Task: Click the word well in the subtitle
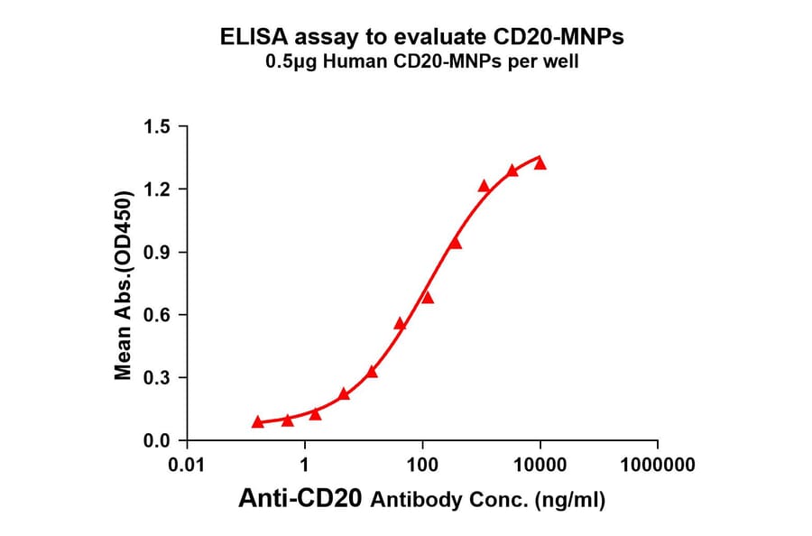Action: tap(561, 63)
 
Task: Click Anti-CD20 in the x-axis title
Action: tap(301, 499)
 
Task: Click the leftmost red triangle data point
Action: tap(258, 421)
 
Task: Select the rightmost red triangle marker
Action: tap(540, 163)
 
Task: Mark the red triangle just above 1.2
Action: tap(484, 186)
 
